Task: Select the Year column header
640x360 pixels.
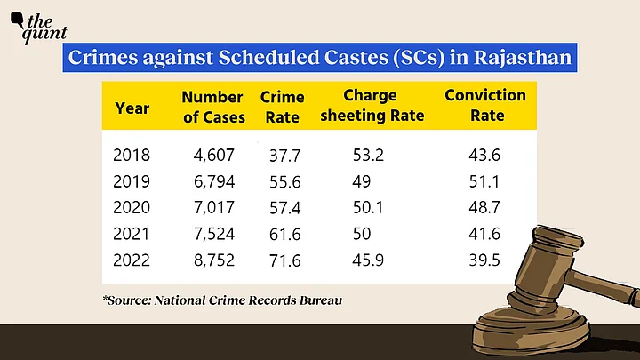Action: point(131,108)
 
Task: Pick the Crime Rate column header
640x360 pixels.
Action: point(283,107)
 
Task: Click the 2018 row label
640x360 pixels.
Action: point(132,155)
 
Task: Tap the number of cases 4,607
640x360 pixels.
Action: point(213,155)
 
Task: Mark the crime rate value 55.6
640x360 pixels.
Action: point(285,182)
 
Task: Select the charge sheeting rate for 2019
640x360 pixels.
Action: point(359,182)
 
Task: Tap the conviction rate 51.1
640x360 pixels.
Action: point(484,182)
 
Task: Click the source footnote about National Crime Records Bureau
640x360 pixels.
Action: point(222,300)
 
